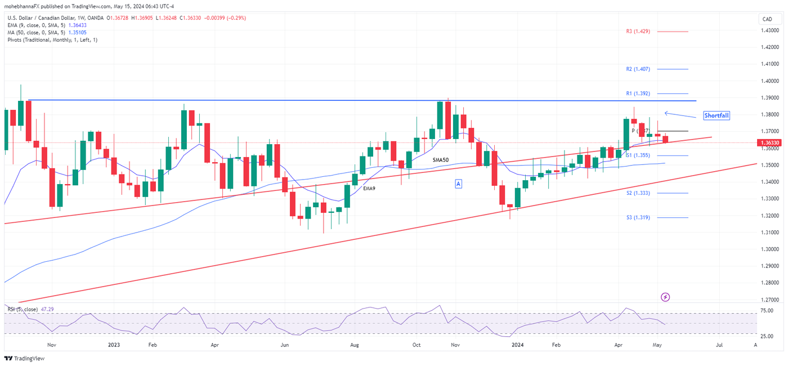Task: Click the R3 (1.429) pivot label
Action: pyautogui.click(x=638, y=32)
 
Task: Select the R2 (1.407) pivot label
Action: pyautogui.click(x=638, y=69)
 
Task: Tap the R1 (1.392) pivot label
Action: pyautogui.click(x=638, y=93)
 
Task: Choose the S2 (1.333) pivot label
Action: pyautogui.click(x=638, y=193)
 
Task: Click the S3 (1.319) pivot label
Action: pyautogui.click(x=638, y=217)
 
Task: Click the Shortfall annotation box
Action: pyautogui.click(x=717, y=115)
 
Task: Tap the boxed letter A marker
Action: pyautogui.click(x=459, y=184)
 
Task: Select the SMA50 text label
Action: pyautogui.click(x=441, y=160)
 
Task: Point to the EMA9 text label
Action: pyautogui.click(x=369, y=188)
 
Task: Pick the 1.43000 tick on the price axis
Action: pyautogui.click(x=769, y=30)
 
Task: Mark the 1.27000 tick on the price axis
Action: pyautogui.click(x=769, y=300)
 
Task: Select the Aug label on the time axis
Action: pyautogui.click(x=354, y=345)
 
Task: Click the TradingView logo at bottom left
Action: pyautogui.click(x=24, y=359)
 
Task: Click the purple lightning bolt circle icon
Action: pyautogui.click(x=665, y=297)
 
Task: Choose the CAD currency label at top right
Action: pyautogui.click(x=767, y=19)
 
